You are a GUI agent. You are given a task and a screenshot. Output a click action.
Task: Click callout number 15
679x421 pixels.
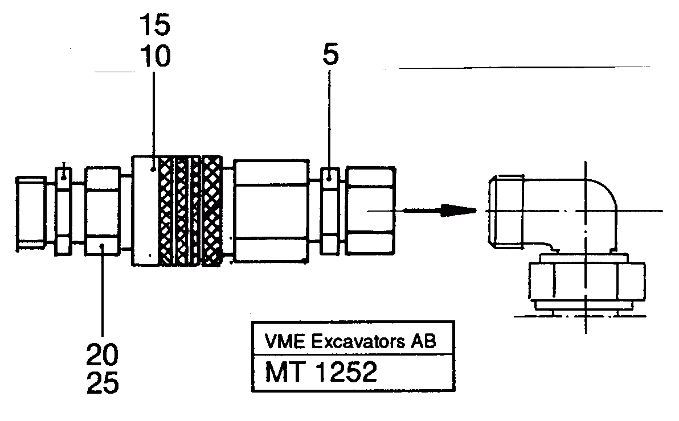[x=154, y=26]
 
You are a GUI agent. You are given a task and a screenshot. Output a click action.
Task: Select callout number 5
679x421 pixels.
[x=330, y=55]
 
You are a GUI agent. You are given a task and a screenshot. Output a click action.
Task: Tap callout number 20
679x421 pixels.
[x=103, y=356]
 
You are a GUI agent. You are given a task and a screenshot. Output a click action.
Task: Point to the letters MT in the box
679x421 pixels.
[x=282, y=373]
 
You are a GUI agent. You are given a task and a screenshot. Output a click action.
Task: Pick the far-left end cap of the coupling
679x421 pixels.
[x=31, y=212]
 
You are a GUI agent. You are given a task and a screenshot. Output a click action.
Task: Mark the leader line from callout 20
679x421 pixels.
[x=103, y=296]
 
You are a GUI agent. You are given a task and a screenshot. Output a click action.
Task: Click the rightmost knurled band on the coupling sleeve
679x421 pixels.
[x=212, y=210]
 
